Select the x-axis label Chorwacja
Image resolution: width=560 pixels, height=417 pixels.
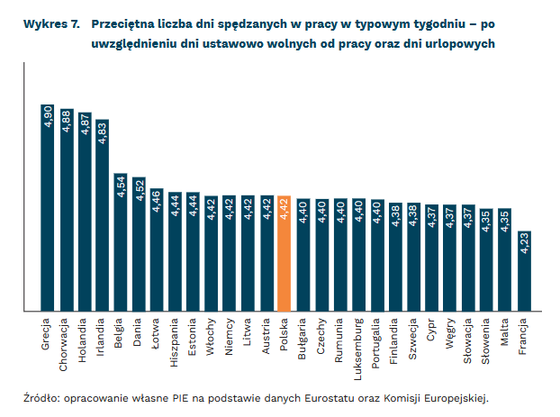coord(66,343)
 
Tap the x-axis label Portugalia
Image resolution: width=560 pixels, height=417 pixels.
coord(376,343)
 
